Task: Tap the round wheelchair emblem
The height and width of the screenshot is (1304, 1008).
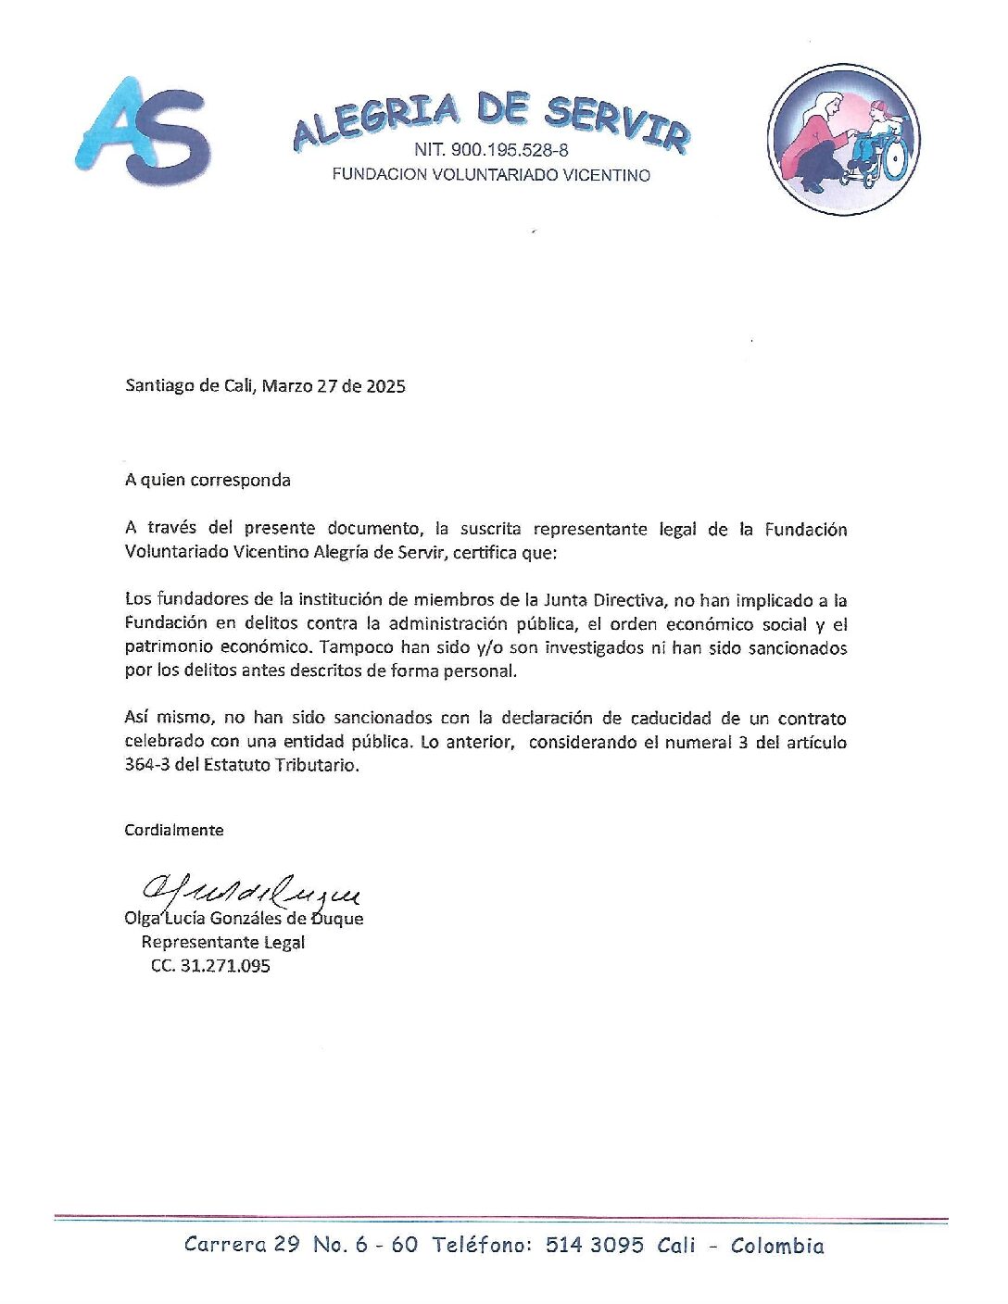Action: (x=843, y=139)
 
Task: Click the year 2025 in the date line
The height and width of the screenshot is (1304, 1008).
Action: (x=385, y=386)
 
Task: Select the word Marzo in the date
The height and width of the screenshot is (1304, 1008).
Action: (x=286, y=386)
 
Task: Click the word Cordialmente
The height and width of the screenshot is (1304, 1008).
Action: (x=174, y=830)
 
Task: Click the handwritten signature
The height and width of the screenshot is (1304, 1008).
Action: (x=250, y=891)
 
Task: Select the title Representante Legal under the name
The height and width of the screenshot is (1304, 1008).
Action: (x=222, y=942)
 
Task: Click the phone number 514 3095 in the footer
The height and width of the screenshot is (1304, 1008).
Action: (x=594, y=1245)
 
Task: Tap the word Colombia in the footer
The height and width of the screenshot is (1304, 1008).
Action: (x=776, y=1246)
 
